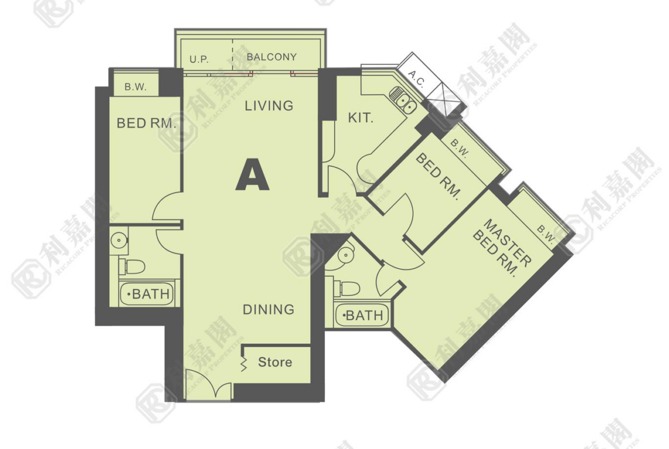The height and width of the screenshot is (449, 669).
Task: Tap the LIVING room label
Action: click(269, 105)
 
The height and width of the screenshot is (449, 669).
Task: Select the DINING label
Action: click(269, 309)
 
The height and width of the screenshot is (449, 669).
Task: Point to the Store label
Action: click(275, 363)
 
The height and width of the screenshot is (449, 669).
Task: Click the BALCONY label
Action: click(272, 57)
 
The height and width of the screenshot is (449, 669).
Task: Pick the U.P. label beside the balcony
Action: click(199, 59)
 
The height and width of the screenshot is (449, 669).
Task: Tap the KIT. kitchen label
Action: click(361, 118)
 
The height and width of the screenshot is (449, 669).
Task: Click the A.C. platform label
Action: click(417, 79)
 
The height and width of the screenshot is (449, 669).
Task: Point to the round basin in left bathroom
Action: click(119, 240)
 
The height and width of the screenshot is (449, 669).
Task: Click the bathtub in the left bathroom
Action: click(147, 293)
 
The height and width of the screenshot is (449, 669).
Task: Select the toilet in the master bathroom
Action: click(346, 288)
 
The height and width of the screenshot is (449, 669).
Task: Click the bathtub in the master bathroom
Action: click(362, 316)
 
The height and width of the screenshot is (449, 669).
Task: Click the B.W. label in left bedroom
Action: click(136, 87)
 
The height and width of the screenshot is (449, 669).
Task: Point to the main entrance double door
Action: click(209, 385)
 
